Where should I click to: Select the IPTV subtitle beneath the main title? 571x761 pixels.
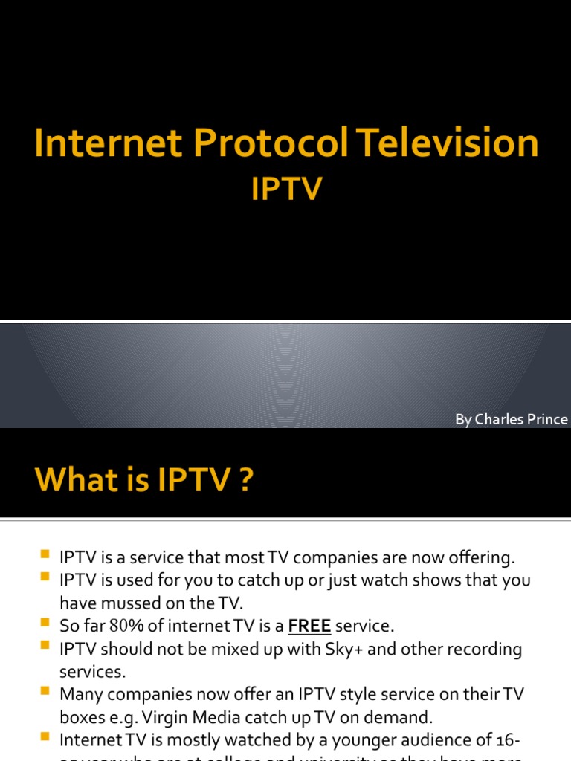pos(285,189)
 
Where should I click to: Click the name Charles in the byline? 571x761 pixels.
pos(504,420)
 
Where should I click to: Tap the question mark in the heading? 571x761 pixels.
pos(246,482)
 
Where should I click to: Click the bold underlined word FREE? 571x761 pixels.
pos(309,626)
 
